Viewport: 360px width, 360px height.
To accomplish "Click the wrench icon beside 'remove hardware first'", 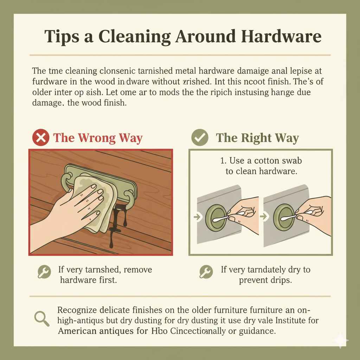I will click(42, 272).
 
